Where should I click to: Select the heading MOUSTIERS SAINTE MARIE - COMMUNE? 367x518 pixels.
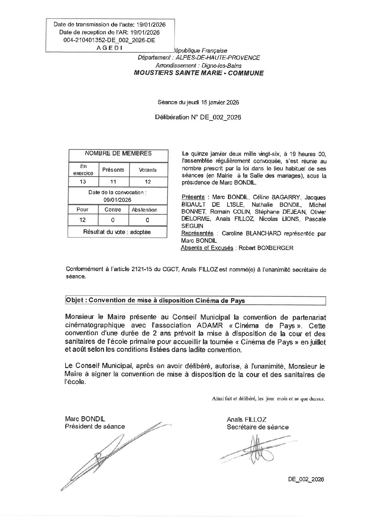[199, 73]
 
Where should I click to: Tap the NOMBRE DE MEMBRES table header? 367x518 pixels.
[118, 153]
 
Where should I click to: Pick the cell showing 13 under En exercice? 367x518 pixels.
[83, 181]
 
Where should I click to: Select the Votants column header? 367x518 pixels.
[147, 170]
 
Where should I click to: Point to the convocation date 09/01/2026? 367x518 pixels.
[118, 200]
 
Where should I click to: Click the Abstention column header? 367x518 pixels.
[144, 209]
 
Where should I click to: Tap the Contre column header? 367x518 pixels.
[113, 209]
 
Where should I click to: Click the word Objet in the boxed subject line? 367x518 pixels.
[75, 301]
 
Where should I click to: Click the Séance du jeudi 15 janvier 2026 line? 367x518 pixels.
[198, 102]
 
